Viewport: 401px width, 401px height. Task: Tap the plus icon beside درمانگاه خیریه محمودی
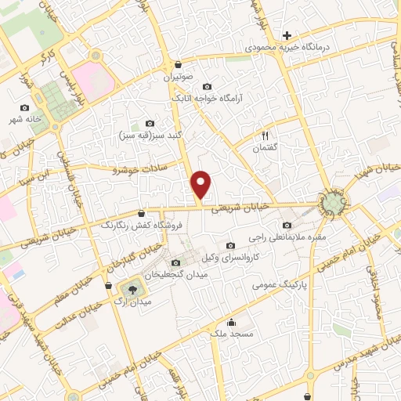coord(287,35)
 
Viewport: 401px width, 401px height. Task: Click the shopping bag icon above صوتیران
coord(179,65)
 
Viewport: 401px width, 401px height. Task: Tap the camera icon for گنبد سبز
coord(150,123)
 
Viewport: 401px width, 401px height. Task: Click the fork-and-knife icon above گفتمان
coord(266,135)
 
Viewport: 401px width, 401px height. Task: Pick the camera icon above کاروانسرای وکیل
coord(229,246)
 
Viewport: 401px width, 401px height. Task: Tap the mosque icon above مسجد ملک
coord(231,322)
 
